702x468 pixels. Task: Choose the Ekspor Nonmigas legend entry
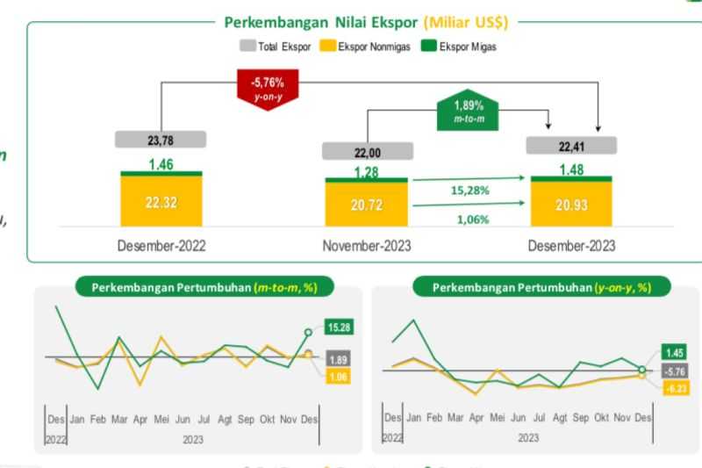pyautogui.click(x=355, y=47)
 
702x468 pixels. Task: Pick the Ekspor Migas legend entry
pyautogui.click(x=452, y=47)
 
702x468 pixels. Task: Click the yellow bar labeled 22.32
pyautogui.click(x=161, y=202)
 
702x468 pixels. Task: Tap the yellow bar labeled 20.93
pyautogui.click(x=571, y=205)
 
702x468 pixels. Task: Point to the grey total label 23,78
pyautogui.click(x=161, y=139)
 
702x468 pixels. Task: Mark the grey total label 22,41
pyautogui.click(x=571, y=145)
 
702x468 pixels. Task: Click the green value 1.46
pyautogui.click(x=161, y=163)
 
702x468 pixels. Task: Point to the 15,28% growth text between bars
pyautogui.click(x=471, y=190)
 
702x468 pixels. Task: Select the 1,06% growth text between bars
pyautogui.click(x=471, y=220)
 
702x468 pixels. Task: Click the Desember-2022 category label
pyautogui.click(x=161, y=246)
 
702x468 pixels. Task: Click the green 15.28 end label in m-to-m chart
pyautogui.click(x=339, y=328)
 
